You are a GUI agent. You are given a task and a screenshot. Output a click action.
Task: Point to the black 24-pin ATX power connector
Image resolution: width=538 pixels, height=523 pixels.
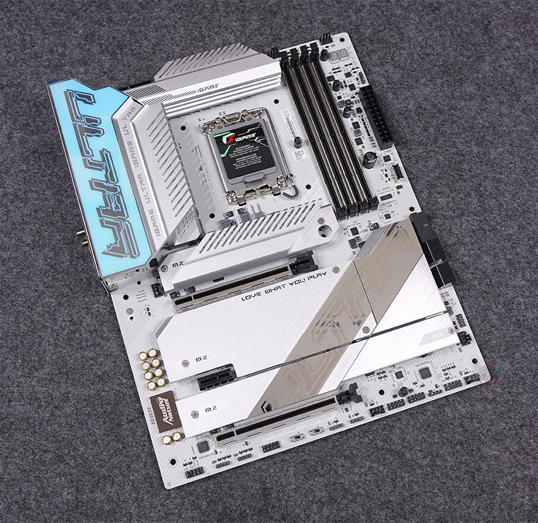(x=375, y=116)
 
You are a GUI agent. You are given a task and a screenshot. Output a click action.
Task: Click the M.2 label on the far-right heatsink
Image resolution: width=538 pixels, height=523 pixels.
(x=439, y=335)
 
